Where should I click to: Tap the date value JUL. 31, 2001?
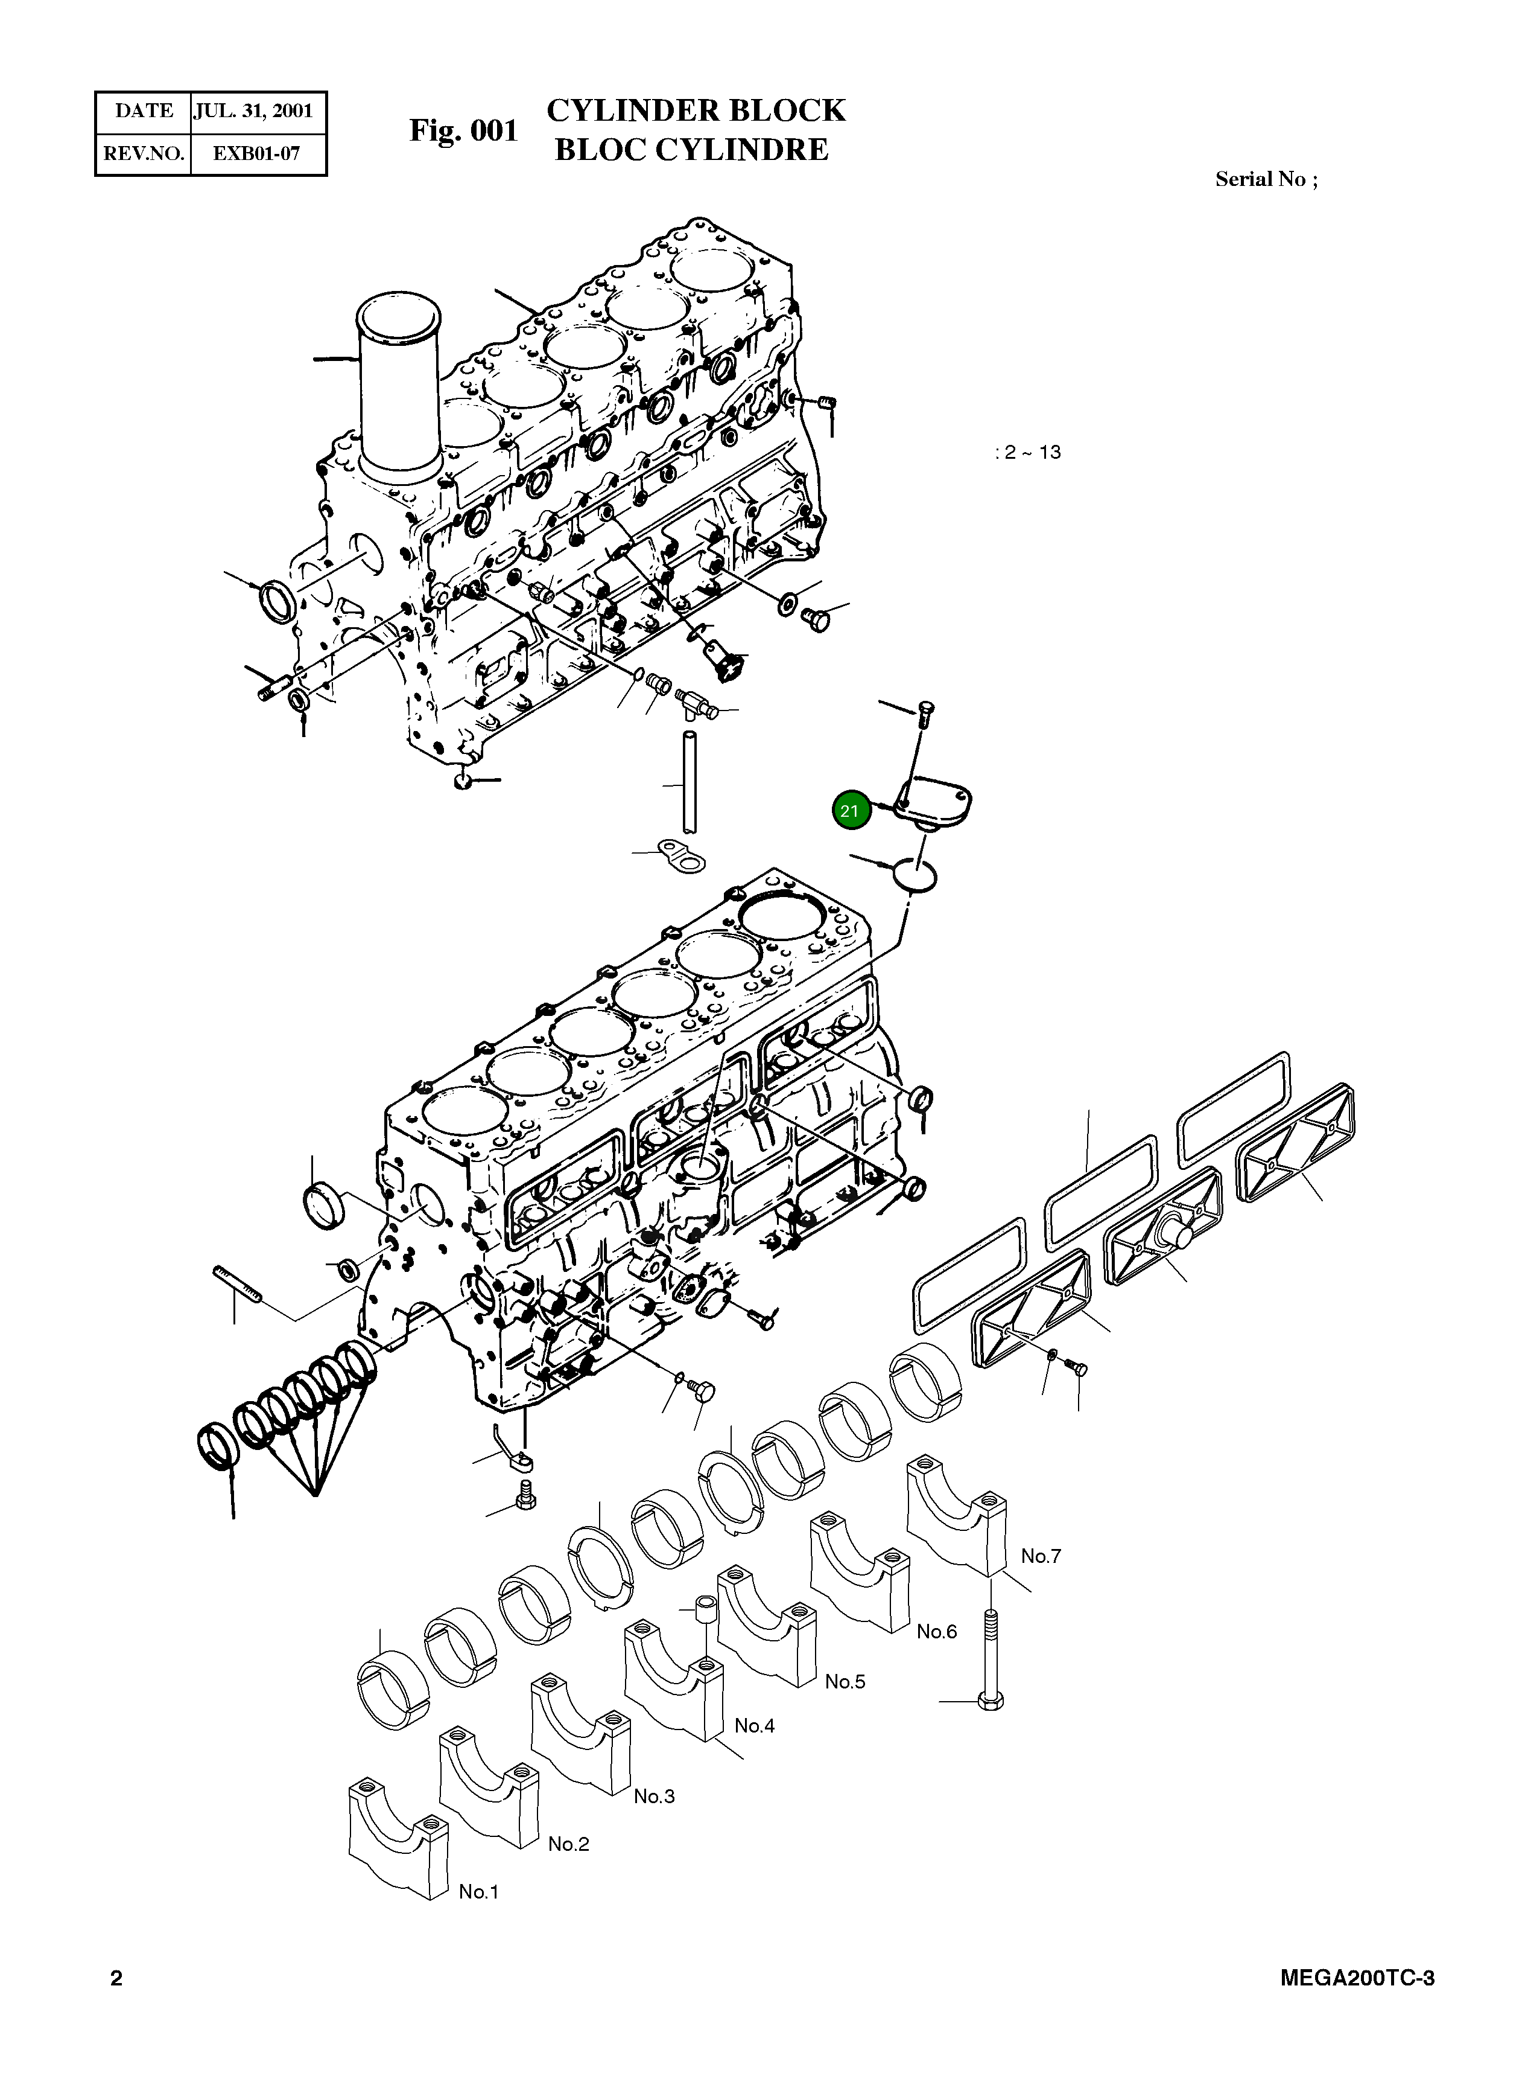point(253,112)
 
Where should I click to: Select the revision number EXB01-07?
point(256,153)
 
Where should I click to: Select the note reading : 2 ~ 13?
point(1027,453)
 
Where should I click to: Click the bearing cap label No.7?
point(1041,1556)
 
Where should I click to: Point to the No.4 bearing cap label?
point(754,1726)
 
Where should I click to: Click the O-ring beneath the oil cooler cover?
point(915,874)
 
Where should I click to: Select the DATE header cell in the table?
point(144,112)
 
